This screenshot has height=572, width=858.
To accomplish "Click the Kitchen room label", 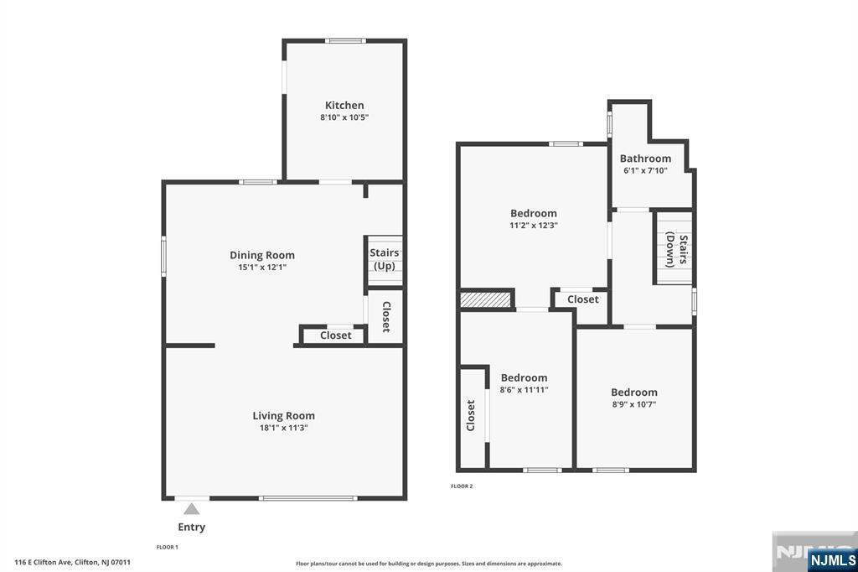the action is pyautogui.click(x=344, y=105).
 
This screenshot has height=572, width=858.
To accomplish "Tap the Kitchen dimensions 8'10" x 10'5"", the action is pyautogui.click(x=344, y=117).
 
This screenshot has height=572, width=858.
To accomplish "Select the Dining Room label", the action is pyautogui.click(x=262, y=255).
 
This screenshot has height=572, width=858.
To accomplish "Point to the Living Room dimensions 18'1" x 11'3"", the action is pyautogui.click(x=283, y=428).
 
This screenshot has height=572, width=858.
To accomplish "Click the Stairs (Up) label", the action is pyautogui.click(x=384, y=259).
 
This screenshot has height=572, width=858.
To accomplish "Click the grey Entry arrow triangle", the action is pyautogui.click(x=192, y=509).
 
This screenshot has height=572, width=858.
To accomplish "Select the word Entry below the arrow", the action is pyautogui.click(x=192, y=527).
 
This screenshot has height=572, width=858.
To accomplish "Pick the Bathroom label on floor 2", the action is pyautogui.click(x=645, y=159).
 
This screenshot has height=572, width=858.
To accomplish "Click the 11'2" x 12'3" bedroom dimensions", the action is pyautogui.click(x=534, y=225).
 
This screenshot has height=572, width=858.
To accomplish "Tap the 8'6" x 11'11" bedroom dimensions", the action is pyautogui.click(x=524, y=390).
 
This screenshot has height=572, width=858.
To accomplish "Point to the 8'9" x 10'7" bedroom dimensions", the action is pyautogui.click(x=634, y=404).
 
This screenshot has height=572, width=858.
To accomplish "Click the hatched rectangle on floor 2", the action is pyautogui.click(x=485, y=299).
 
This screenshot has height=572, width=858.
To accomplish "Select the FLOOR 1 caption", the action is pyautogui.click(x=168, y=547).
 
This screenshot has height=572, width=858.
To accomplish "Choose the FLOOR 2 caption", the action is pyautogui.click(x=462, y=486).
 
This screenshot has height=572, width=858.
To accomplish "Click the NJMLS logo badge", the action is pyautogui.click(x=832, y=560).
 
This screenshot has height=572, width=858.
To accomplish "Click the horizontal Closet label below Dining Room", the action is pyautogui.click(x=335, y=335).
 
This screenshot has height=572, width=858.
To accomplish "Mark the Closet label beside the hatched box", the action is pyautogui.click(x=583, y=299).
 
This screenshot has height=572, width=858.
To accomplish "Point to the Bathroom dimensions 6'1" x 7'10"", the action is pyautogui.click(x=645, y=170).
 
